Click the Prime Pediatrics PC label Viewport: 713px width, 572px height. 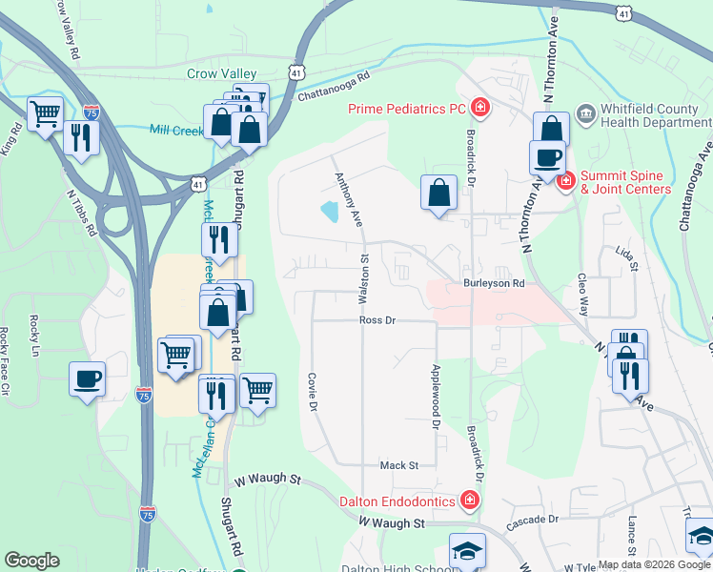pyautogui.click(x=410, y=108)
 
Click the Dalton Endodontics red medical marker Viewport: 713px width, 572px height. pyautogui.click(x=469, y=500)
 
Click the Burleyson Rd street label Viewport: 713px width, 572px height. pyautogui.click(x=494, y=283)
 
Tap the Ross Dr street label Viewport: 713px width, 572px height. pyautogui.click(x=377, y=320)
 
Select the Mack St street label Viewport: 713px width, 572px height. pyautogui.click(x=399, y=465)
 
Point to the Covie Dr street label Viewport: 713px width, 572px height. pyautogui.click(x=312, y=392)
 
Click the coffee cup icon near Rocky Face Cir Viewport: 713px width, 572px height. pyautogui.click(x=87, y=379)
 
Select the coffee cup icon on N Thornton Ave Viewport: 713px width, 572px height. pyautogui.click(x=548, y=157)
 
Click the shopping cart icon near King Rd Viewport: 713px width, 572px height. pyautogui.click(x=46, y=114)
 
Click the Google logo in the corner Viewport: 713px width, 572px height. pyautogui.click(x=31, y=561)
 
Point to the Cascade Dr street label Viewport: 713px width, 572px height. pyautogui.click(x=532, y=520)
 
